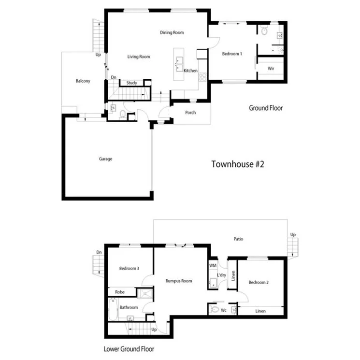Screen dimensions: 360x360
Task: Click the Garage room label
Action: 105,158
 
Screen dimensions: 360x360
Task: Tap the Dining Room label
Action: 172,33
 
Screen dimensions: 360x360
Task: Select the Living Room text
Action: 139,57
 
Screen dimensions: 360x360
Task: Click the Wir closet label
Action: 271,69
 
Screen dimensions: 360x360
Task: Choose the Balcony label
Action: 83,81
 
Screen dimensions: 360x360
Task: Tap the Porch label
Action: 190,113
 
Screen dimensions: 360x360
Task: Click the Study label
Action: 131,83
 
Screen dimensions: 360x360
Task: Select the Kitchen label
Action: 190,71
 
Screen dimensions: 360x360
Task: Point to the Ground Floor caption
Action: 266,108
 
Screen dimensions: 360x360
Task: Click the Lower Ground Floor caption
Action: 129,348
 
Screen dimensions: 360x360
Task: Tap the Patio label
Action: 238,239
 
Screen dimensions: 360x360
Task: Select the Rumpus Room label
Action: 179,281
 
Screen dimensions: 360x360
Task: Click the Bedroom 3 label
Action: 130,269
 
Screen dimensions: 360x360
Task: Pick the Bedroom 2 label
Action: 259,282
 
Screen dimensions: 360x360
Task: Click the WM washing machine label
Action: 213,266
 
